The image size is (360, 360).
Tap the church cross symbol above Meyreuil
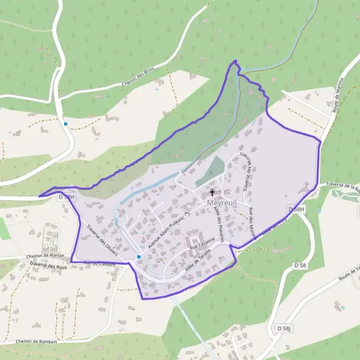tap(212, 193)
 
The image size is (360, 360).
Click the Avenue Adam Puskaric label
tap(163, 226)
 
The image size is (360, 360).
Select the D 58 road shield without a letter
tap(301, 265)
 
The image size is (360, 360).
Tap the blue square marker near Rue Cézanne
tap(139, 257)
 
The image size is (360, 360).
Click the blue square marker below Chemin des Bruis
tap(66, 124)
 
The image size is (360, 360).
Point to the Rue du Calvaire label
tap(100, 263)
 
